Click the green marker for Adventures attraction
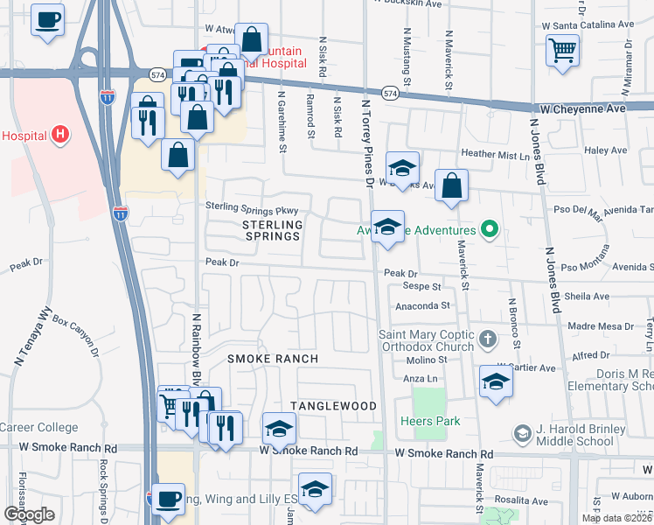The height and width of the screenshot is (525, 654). [490, 231]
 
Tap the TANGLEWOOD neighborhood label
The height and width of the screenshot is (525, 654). [333, 406]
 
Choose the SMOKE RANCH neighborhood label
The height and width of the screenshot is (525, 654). [273, 360]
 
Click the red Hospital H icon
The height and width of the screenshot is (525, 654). [59, 135]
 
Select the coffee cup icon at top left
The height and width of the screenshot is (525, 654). [48, 18]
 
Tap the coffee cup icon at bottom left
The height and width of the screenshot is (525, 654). [169, 499]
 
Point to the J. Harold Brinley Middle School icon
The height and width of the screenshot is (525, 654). [522, 433]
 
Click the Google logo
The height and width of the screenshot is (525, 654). [29, 514]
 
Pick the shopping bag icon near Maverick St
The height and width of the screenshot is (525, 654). [451, 185]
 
